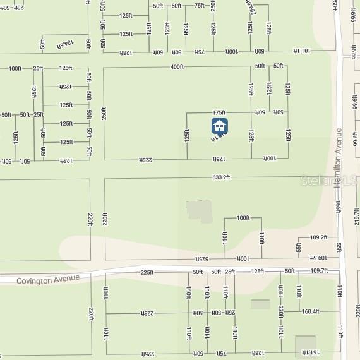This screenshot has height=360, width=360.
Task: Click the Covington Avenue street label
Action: [x=48, y=279]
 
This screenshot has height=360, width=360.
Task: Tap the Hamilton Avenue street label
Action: [x=339, y=158]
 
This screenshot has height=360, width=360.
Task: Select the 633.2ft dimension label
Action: [x=221, y=177]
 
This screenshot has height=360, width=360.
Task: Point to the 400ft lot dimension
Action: [x=177, y=66]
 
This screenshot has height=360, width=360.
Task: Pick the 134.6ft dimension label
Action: [x=66, y=44]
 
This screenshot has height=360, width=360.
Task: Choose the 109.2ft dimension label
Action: [x=318, y=237]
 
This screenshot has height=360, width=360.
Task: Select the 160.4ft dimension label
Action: [x=311, y=311]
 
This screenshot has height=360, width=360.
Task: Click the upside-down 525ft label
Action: [x=201, y=259]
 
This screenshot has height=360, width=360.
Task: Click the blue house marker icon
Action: [x=219, y=126]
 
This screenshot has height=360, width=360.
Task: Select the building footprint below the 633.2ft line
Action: [x=199, y=211]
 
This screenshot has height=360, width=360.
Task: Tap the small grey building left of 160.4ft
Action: [x=260, y=304]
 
